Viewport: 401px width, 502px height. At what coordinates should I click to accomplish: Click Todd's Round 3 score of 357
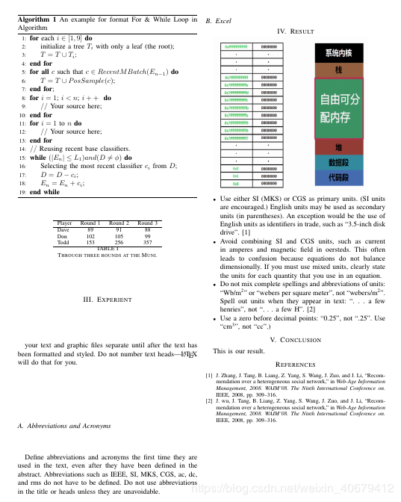(148, 242)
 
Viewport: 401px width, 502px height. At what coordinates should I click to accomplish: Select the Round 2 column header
(119, 223)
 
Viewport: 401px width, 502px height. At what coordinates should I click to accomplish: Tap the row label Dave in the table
(63, 229)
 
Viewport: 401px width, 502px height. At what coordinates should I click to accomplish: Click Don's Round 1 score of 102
(90, 236)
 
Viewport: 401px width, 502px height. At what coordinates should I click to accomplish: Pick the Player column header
(65, 223)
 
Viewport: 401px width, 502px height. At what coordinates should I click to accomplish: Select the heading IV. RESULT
(295, 31)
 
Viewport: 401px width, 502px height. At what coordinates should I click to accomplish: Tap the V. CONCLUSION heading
(295, 339)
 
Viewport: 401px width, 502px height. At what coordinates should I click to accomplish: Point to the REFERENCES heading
(295, 364)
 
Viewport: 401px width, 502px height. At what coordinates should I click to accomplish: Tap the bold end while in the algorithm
(45, 192)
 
